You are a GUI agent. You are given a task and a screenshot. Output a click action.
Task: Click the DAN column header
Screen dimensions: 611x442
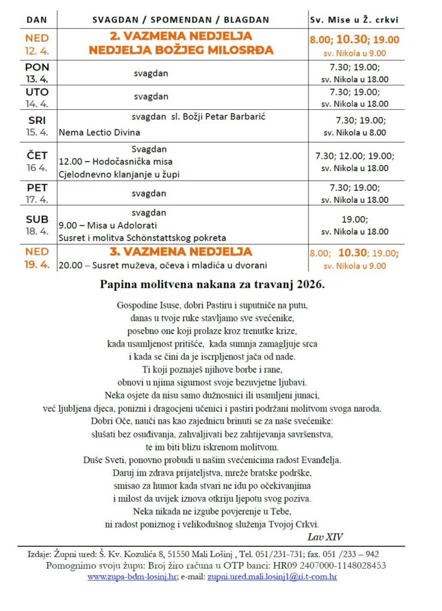click(37, 20)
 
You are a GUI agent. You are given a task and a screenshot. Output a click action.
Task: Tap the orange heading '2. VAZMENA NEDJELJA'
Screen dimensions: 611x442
click(181, 36)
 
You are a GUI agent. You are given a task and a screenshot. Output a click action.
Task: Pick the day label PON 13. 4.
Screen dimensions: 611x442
click(37, 73)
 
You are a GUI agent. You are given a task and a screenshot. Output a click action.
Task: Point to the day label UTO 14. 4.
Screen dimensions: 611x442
click(37, 97)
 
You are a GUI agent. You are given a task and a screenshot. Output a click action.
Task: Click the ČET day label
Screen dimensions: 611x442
click(37, 156)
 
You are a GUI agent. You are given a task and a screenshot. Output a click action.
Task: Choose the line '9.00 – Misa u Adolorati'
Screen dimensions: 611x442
click(108, 226)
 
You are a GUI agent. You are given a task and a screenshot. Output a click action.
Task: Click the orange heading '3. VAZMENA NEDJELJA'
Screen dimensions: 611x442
click(181, 252)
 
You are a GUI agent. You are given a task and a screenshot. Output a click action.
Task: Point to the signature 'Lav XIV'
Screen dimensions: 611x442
click(326, 536)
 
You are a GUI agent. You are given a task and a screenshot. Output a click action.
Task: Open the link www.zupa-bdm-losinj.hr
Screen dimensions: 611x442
click(132, 577)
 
